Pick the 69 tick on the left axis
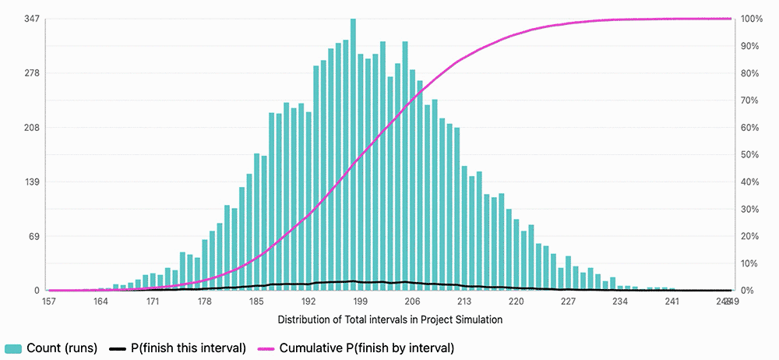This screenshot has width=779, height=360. [33, 236]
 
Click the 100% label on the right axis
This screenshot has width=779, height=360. [752, 19]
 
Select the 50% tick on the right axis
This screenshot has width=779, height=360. [749, 155]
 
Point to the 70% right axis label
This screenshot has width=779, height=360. [749, 101]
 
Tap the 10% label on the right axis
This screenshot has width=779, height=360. [749, 263]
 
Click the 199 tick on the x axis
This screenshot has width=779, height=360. [361, 302]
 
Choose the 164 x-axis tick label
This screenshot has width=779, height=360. [100, 302]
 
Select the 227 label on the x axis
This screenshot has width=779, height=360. [569, 302]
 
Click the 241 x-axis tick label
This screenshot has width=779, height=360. [672, 302]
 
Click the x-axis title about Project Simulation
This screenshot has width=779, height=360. [389, 319]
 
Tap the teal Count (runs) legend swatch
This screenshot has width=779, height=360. [13, 348]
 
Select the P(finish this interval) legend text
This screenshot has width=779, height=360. [190, 348]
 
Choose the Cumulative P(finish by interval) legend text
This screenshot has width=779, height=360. [366, 348]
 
